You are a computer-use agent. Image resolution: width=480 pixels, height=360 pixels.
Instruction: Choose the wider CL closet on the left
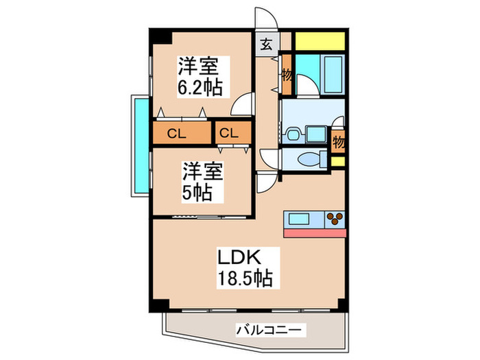tap(177, 134)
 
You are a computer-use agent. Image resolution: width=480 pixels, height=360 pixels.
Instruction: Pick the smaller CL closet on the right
tap(229, 134)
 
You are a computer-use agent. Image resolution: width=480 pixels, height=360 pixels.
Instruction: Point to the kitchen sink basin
tap(300, 219)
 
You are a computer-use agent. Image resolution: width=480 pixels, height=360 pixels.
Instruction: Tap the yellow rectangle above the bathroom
tap(320, 40)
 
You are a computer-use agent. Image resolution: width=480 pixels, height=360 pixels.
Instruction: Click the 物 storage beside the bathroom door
tap(287, 76)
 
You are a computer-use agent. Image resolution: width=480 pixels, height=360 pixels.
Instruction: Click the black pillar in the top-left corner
tap(158, 36)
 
